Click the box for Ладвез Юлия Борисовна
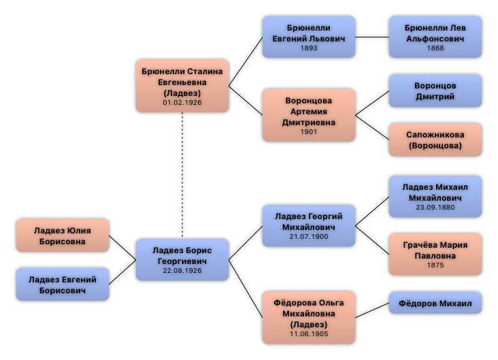point(63,235)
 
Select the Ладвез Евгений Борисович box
point(63,284)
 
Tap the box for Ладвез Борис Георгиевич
point(182,259)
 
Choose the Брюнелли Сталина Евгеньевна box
point(182,86)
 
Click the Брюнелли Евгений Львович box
point(309,37)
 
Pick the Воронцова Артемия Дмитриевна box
point(309,115)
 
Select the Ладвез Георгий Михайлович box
point(309,225)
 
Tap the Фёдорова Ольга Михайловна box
point(309,317)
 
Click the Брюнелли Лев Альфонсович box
point(435,37)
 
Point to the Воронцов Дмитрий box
point(435,91)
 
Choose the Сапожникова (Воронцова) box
point(435,140)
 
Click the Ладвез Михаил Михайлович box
point(435,196)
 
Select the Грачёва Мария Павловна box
point(435,255)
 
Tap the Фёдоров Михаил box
point(435,303)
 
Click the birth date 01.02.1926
point(182,103)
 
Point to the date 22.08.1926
point(182,270)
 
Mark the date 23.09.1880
point(435,208)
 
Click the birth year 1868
point(435,48)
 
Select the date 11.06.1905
point(309,334)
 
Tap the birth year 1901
point(309,132)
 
